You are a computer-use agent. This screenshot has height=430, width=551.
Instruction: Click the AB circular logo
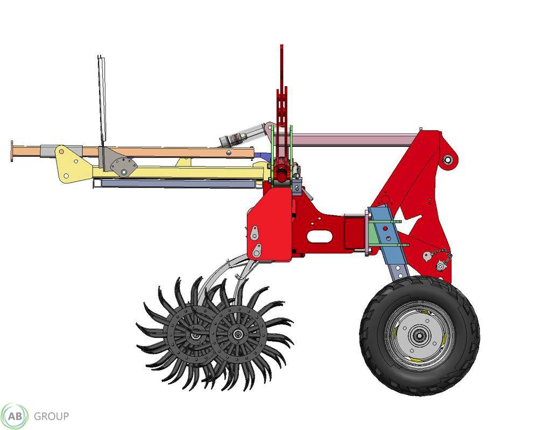15,417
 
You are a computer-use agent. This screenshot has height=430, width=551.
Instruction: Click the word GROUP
51,417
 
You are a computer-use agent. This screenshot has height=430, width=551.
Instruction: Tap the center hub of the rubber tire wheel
419,336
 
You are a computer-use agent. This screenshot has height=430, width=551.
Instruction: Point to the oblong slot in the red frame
320,236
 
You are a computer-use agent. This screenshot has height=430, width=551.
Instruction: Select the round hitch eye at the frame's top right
448,160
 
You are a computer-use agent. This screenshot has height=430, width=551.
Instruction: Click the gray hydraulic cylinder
243,135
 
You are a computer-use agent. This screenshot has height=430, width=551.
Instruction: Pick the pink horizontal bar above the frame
353,140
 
